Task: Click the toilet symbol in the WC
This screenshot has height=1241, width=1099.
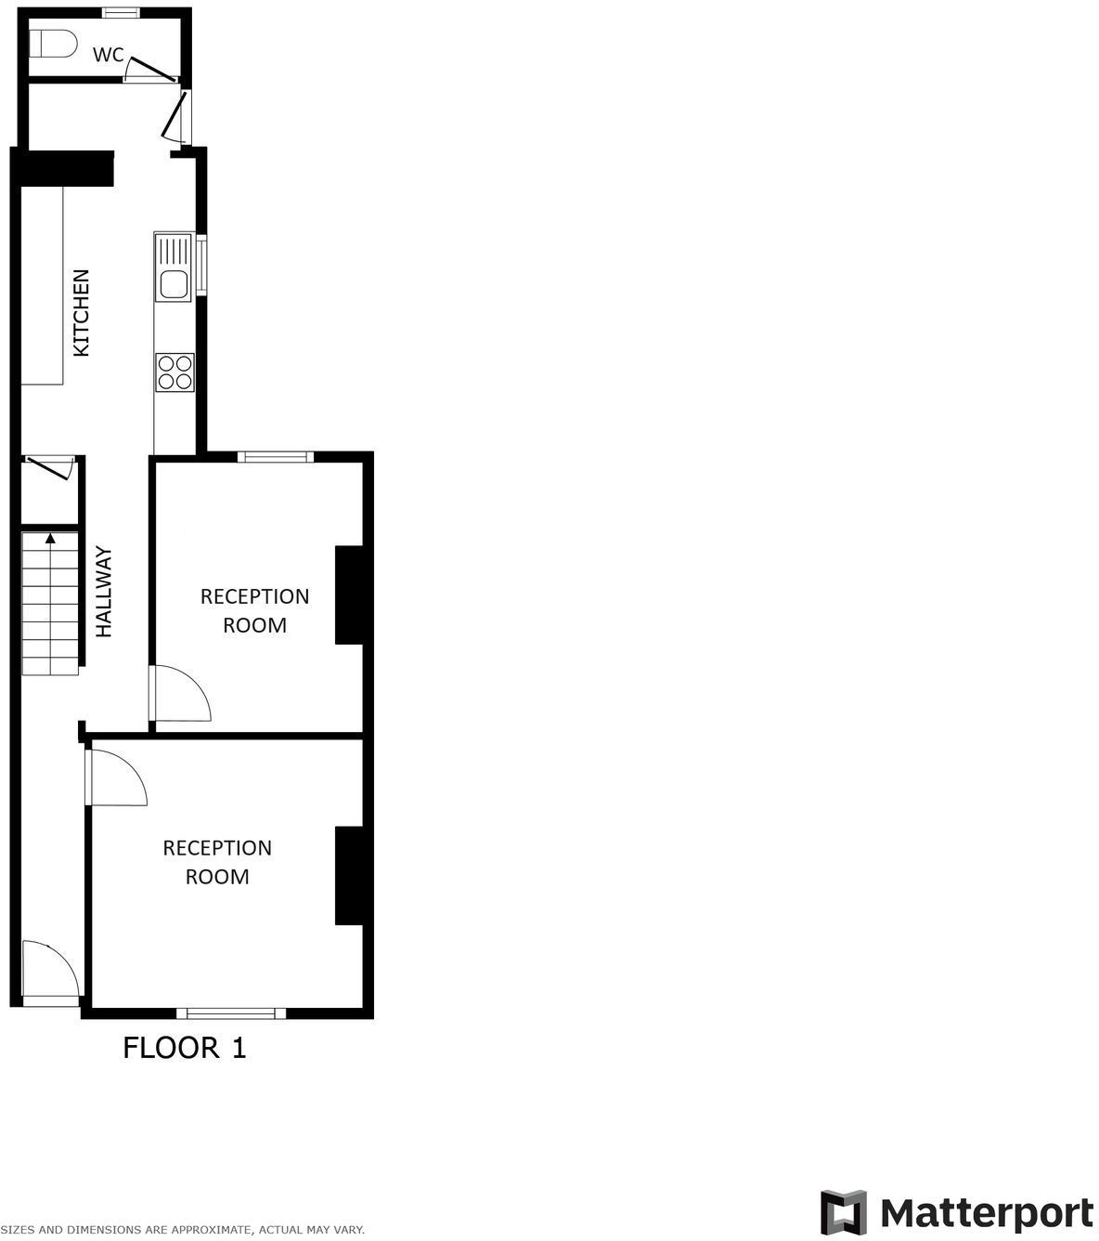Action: click(52, 44)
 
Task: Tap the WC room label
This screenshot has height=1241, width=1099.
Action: click(108, 55)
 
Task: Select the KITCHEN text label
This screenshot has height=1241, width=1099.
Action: click(82, 313)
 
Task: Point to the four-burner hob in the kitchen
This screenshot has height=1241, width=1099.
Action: click(175, 372)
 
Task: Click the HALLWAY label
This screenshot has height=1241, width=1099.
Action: click(104, 592)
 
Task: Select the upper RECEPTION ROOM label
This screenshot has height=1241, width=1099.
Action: click(254, 610)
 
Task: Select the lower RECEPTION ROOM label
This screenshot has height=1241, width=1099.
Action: click(217, 862)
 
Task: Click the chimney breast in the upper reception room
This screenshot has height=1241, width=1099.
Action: click(349, 595)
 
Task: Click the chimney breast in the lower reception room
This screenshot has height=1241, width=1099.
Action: click(349, 876)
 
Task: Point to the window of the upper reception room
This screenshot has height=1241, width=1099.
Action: click(276, 456)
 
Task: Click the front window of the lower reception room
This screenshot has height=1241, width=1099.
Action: click(231, 1013)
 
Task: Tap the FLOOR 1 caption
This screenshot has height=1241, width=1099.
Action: click(185, 1049)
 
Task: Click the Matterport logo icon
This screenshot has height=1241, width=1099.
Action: click(844, 1212)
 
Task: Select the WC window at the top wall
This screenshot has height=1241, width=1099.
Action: click(121, 12)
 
